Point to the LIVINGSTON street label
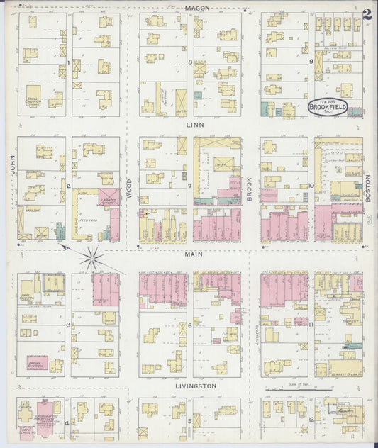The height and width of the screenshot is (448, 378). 194,386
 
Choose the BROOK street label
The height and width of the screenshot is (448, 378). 250,189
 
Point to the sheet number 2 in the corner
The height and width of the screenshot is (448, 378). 367,13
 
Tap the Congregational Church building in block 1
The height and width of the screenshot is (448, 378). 33,99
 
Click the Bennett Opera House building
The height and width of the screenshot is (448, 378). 345,367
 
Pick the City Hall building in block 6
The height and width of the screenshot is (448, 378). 229,335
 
